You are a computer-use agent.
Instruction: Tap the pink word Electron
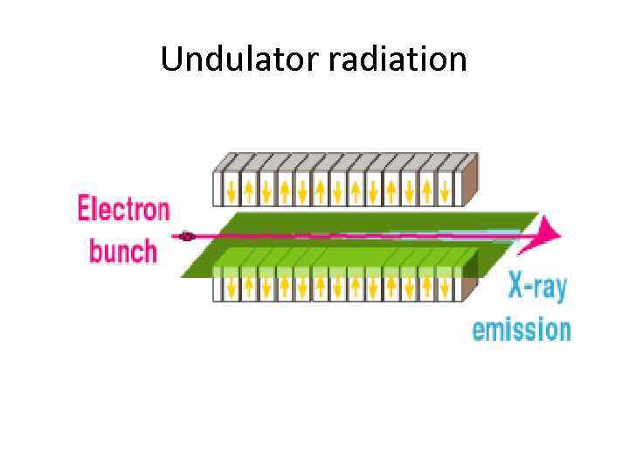point(123,210)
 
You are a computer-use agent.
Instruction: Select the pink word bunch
point(123,251)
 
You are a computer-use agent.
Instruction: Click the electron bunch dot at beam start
point(185,236)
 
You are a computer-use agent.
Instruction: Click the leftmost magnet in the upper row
point(232,187)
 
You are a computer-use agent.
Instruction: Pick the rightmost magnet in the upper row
point(446,187)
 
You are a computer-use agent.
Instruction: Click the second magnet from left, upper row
point(249,187)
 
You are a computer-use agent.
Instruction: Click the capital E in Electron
point(85,210)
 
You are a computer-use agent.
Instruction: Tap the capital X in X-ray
point(517,287)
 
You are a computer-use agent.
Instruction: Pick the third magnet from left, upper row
point(266,187)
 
